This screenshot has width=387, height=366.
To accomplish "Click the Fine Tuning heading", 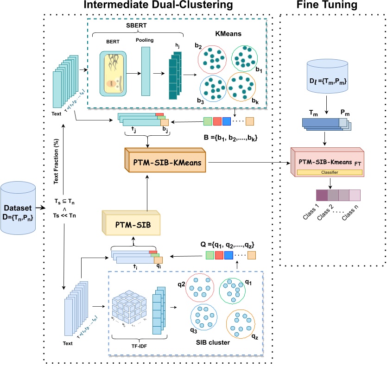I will click(x=334, y=6).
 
